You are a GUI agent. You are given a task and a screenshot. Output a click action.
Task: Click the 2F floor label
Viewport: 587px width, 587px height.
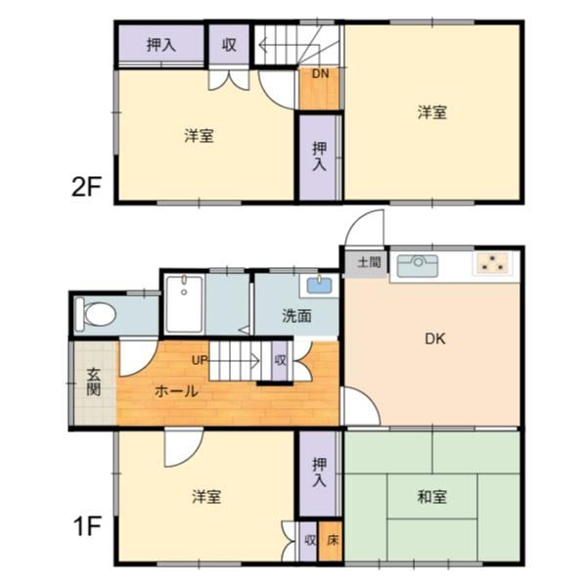click(x=86, y=186)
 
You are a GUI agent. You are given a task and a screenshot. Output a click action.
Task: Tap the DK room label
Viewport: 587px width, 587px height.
click(x=434, y=339)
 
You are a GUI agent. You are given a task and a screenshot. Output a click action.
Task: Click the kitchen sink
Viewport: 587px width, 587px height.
click(x=423, y=264)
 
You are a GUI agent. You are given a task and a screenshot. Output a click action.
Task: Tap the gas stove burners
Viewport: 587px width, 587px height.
click(x=493, y=264)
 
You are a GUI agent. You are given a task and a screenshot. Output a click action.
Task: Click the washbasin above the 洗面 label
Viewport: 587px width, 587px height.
click(x=318, y=286)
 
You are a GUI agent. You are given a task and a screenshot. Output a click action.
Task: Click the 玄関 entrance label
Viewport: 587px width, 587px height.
click(x=93, y=381)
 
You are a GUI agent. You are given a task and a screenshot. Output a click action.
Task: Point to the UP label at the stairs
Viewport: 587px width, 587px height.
click(x=200, y=360)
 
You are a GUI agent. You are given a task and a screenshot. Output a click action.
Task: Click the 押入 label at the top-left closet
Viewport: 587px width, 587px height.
click(x=160, y=44)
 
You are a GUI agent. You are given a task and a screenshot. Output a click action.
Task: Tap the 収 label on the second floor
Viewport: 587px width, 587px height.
click(x=229, y=44)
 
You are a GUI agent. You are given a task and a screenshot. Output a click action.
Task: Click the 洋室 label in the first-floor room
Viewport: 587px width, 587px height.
click(x=205, y=497)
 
